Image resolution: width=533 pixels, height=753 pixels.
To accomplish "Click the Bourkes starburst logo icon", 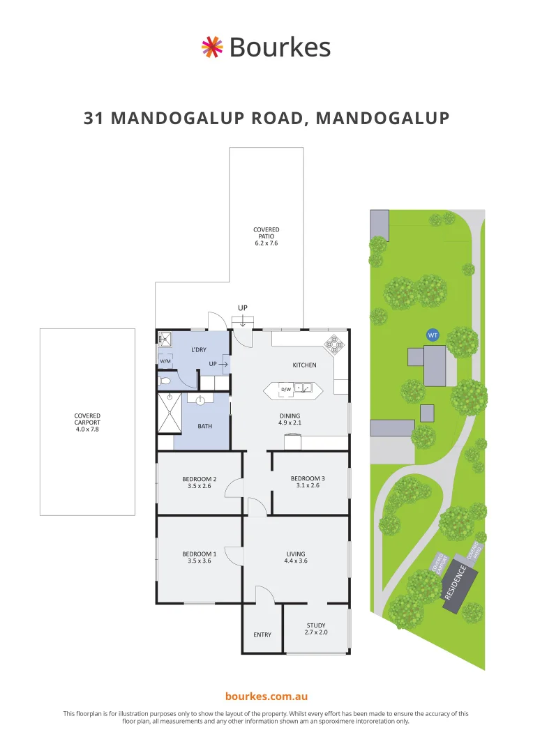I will click(211, 47).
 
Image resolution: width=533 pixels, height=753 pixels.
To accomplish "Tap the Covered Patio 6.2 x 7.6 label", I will click(266, 236).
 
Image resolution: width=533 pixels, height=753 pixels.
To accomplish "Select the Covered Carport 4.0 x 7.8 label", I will click(87, 423).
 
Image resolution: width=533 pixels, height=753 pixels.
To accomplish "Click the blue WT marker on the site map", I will click(433, 335).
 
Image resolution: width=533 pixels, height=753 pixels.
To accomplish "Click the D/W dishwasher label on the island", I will click(286, 389).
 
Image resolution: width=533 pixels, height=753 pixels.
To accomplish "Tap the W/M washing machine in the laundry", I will click(165, 361).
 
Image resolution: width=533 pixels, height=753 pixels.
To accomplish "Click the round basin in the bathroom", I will click(200, 400).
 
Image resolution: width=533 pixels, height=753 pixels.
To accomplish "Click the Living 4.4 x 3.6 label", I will click(296, 556).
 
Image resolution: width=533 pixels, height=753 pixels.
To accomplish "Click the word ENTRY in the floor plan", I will click(262, 634).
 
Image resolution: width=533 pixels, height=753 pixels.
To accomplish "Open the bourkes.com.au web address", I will click(266, 697).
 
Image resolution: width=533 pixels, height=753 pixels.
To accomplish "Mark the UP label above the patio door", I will click(243, 307).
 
